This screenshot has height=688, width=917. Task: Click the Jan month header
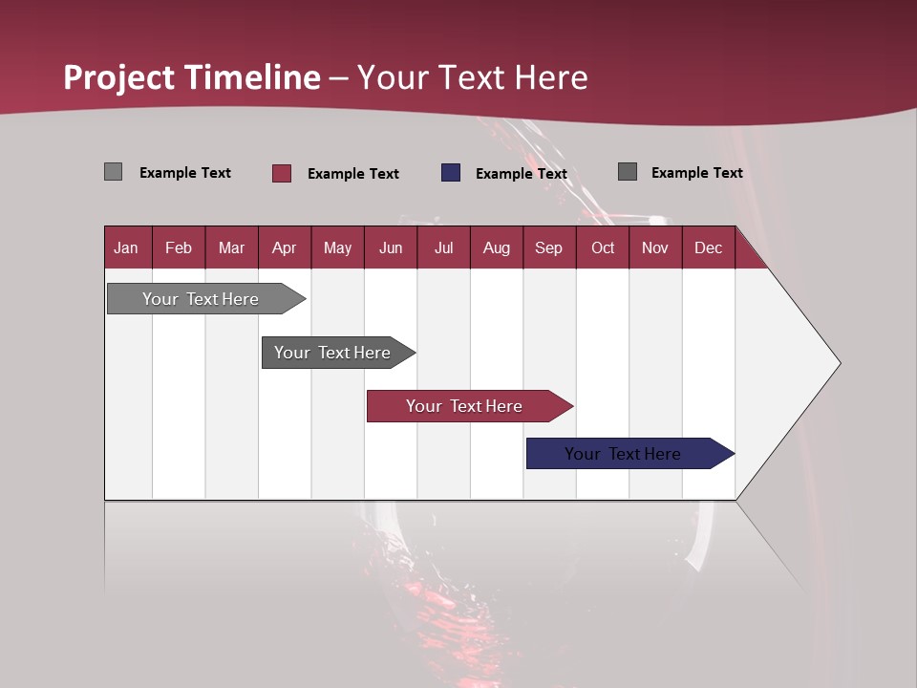[x=126, y=247]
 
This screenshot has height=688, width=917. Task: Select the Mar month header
[x=231, y=247]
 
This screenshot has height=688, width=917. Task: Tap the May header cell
[x=337, y=247]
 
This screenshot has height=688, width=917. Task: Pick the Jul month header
[x=443, y=247]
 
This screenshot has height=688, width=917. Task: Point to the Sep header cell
[x=548, y=247]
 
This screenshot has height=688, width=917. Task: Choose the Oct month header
[x=602, y=247]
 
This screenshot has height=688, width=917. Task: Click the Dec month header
[x=708, y=247]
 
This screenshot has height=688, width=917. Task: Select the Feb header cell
[x=179, y=247]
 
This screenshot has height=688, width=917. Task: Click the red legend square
[x=282, y=173]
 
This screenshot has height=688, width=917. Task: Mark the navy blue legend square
[x=451, y=173]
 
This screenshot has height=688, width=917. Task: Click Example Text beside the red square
[x=352, y=174]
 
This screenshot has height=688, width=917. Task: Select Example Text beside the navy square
[x=521, y=174]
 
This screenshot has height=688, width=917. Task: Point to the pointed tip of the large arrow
[x=839, y=363]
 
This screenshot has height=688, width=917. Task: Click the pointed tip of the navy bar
[x=733, y=454]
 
